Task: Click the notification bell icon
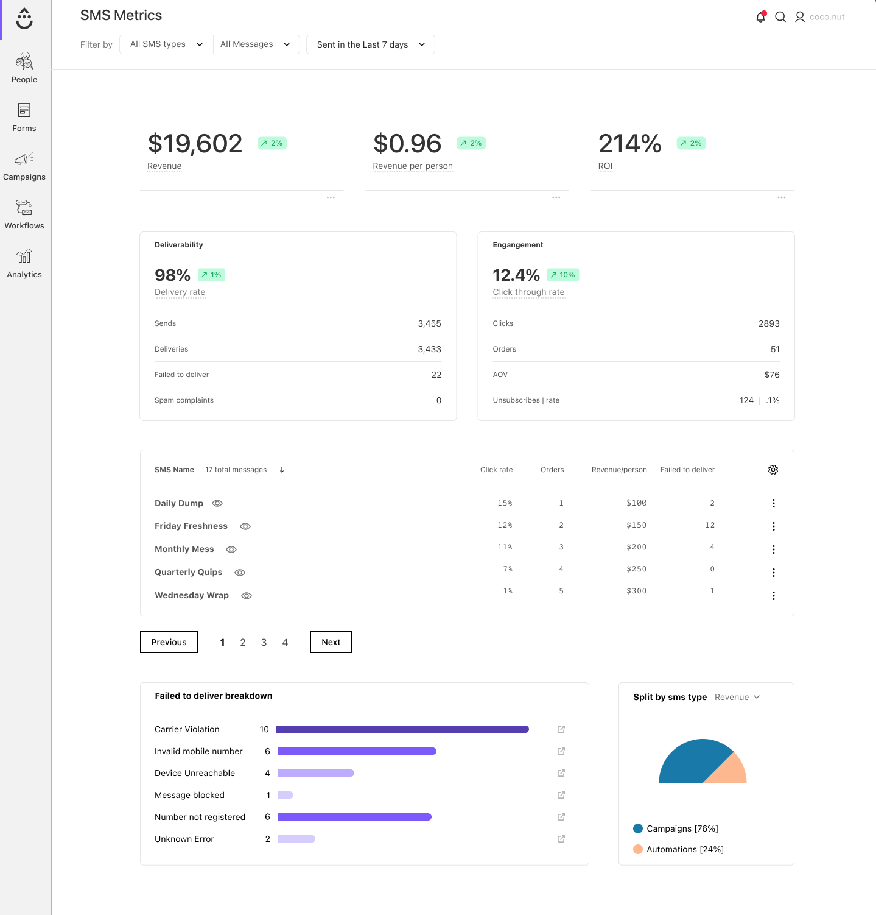tap(760, 17)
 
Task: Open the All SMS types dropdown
tap(166, 44)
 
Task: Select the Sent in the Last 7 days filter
tap(371, 44)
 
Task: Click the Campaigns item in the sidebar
tap(24, 166)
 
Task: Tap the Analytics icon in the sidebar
tap(24, 256)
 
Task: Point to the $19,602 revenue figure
tap(195, 144)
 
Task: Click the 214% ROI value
tap(629, 144)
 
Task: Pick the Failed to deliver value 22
tap(436, 375)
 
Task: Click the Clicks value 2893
tap(769, 323)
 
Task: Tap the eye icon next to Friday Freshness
tap(245, 526)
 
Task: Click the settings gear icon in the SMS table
tap(773, 470)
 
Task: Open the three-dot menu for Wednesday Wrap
tap(774, 596)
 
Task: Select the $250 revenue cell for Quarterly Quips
tap(636, 569)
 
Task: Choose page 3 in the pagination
tap(264, 642)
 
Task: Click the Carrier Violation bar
tap(402, 729)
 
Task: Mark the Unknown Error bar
tap(296, 839)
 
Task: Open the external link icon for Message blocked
tap(561, 795)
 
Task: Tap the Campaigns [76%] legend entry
tap(676, 828)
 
